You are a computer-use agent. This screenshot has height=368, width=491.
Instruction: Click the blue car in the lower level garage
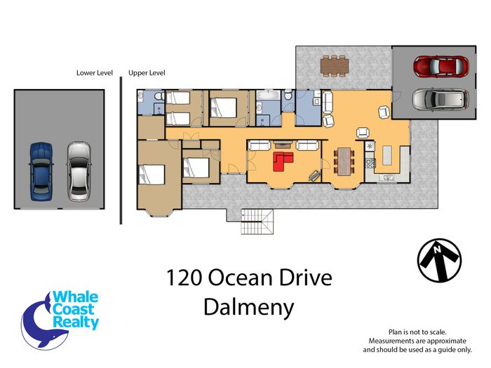(x=41, y=172)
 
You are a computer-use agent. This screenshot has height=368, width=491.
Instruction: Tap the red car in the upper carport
(x=441, y=67)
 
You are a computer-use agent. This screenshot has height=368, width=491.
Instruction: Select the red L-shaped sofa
(x=283, y=161)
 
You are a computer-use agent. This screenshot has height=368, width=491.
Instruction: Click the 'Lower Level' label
(x=95, y=73)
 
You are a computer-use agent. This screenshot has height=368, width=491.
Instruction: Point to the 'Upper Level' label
(x=147, y=73)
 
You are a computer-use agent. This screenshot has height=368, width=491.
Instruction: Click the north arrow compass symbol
(x=439, y=260)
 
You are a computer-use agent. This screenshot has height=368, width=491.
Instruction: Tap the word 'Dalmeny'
(x=249, y=307)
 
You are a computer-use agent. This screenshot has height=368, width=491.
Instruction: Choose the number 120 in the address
(x=184, y=278)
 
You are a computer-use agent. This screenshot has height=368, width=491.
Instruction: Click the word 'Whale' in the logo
(x=75, y=297)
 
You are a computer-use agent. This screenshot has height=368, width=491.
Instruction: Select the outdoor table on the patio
(x=335, y=66)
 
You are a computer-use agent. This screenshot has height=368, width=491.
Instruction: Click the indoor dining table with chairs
(x=344, y=161)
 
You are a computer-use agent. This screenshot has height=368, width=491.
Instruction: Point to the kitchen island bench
(x=387, y=155)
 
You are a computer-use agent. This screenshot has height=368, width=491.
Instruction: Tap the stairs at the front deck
(x=257, y=222)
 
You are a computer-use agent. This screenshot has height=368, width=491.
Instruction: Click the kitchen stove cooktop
(x=371, y=163)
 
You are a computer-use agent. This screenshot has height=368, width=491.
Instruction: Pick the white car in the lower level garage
(x=79, y=172)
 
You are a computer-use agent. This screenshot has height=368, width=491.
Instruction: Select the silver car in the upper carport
(x=441, y=100)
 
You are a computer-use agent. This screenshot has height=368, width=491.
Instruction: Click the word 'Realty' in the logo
(x=76, y=322)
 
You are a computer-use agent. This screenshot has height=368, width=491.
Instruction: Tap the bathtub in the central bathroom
(x=268, y=95)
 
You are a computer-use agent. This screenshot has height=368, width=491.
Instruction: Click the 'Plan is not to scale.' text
(x=417, y=332)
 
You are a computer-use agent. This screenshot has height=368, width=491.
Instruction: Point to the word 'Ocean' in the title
(x=240, y=278)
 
